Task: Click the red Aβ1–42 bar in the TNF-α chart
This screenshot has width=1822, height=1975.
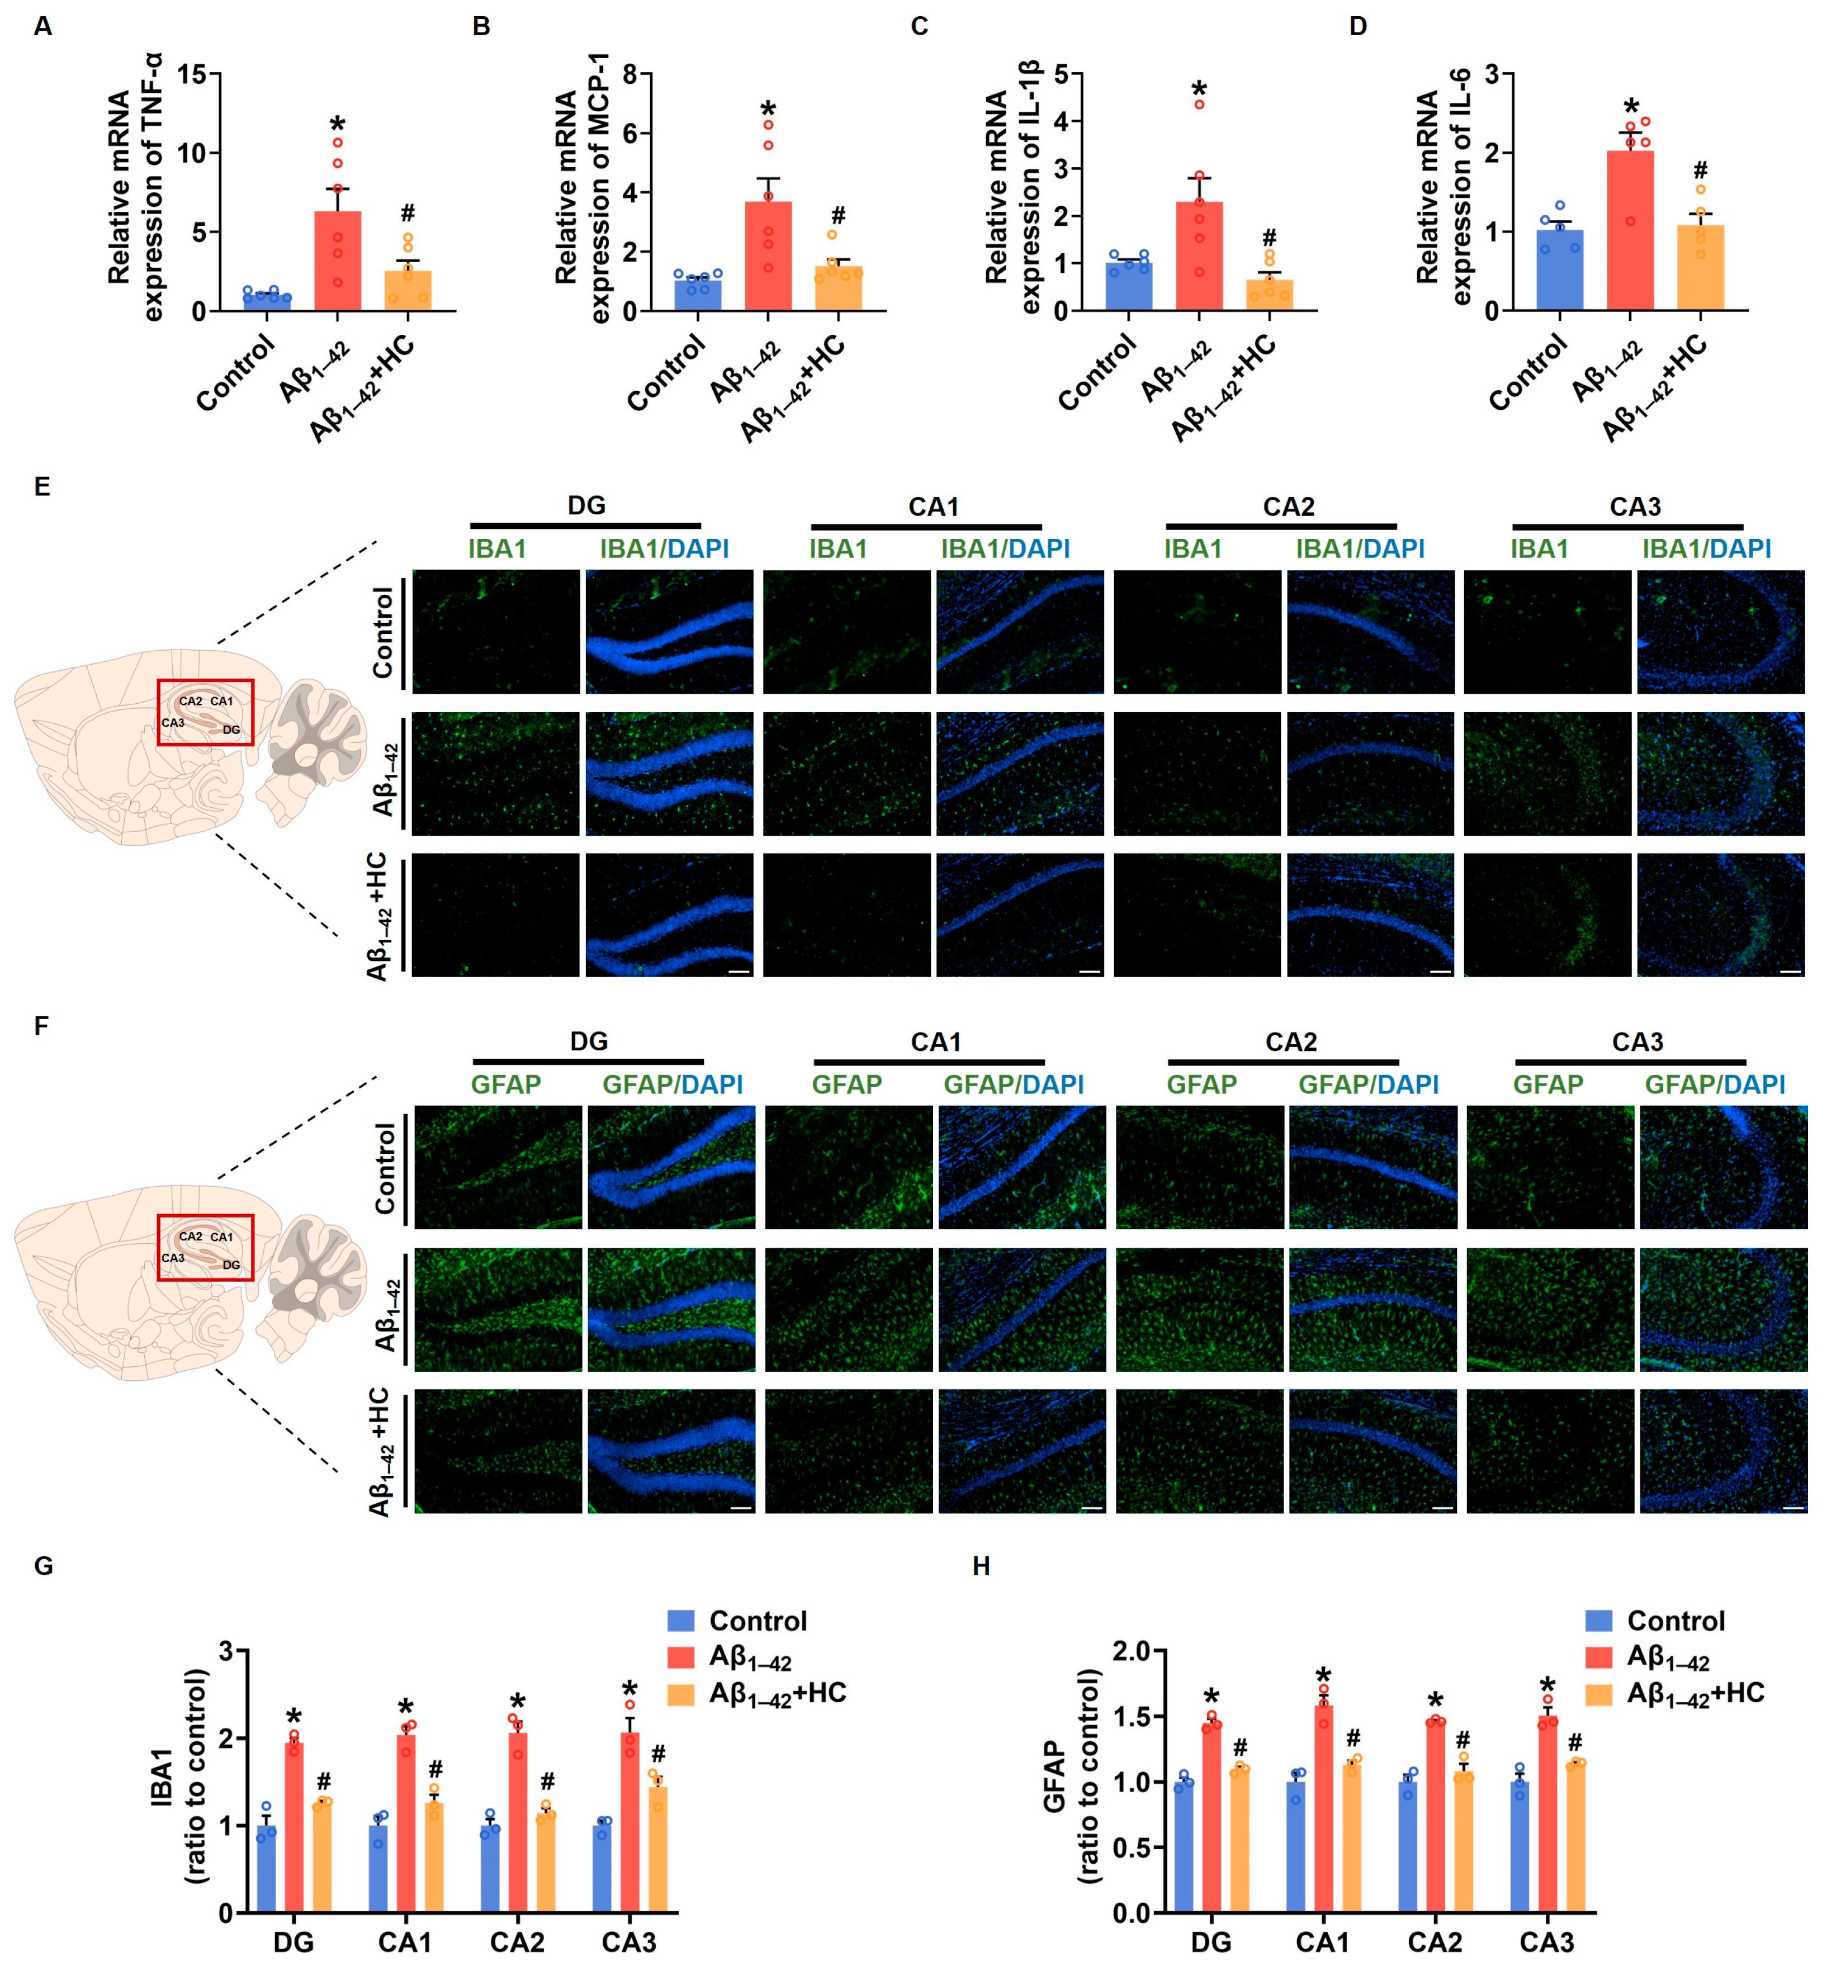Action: pos(337,261)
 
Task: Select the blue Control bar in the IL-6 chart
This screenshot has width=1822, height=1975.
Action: pos(1560,271)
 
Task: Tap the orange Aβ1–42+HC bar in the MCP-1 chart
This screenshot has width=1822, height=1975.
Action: pos(838,289)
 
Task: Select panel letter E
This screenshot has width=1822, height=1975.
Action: pos(41,487)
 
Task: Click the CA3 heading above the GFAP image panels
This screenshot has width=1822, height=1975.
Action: pos(1636,1042)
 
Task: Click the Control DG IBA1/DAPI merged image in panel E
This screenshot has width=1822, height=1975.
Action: pos(669,631)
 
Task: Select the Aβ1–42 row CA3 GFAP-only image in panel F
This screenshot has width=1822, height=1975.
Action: pos(1549,1309)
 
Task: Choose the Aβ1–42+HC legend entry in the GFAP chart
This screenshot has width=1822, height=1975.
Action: pos(1694,1693)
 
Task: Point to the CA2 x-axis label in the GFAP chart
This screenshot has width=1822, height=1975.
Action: pos(1435,1943)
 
